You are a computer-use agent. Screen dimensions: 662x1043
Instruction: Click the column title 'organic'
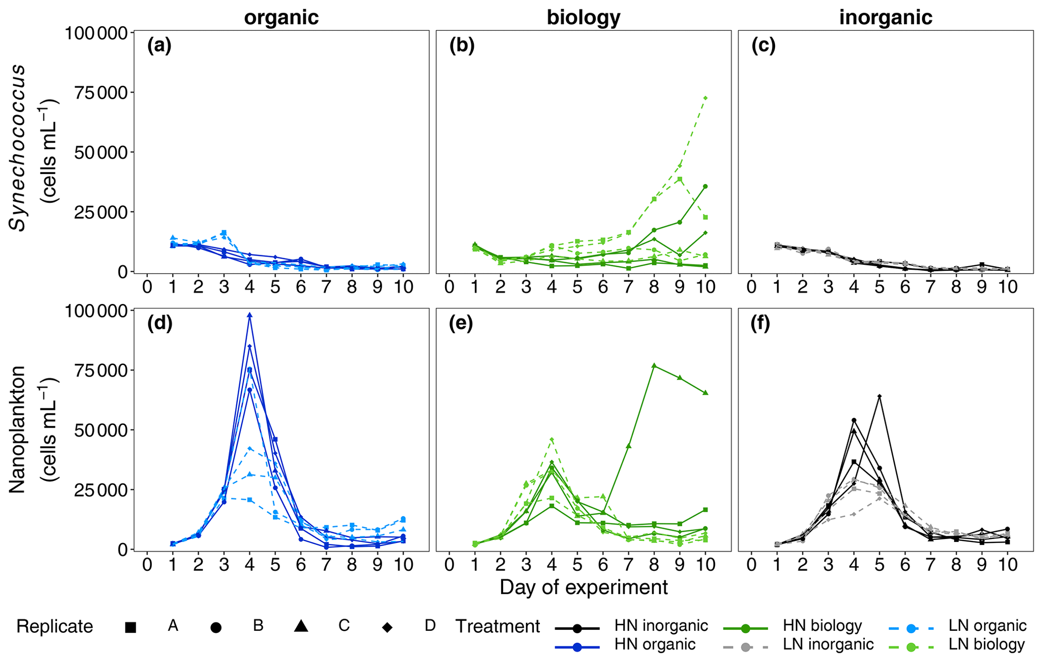click(x=281, y=18)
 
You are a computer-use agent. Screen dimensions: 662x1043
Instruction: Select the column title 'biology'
click(x=583, y=18)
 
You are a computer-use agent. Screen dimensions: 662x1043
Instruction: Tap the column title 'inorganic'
click(x=886, y=18)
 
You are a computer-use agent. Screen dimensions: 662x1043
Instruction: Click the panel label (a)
click(x=159, y=46)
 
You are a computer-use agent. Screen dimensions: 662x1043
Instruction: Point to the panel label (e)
click(x=461, y=324)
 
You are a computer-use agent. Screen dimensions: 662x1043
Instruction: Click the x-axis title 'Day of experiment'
click(x=583, y=587)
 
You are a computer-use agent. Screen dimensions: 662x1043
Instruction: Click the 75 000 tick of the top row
click(x=99, y=92)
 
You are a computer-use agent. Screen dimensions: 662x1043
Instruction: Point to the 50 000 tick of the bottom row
click(x=99, y=430)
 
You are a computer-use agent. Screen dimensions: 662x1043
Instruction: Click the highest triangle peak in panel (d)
click(x=249, y=315)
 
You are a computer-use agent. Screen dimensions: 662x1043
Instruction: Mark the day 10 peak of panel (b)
click(x=705, y=98)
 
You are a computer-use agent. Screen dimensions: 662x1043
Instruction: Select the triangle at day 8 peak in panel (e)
click(x=654, y=366)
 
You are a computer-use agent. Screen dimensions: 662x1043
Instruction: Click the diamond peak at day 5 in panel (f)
click(x=880, y=396)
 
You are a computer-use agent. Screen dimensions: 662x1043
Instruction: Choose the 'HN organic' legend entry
click(x=654, y=644)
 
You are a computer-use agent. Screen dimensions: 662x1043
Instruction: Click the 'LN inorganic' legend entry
click(x=828, y=644)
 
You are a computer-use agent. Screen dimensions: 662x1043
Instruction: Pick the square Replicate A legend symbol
click(x=131, y=627)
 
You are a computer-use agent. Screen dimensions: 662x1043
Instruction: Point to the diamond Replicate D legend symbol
click(x=388, y=627)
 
